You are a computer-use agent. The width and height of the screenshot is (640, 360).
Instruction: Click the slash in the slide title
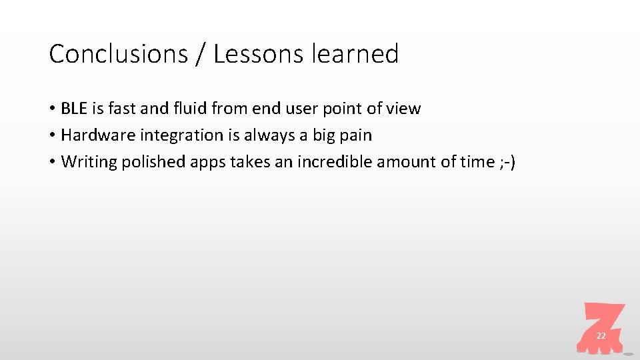tap(201, 54)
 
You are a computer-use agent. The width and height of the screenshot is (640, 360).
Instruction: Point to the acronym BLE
tap(74, 109)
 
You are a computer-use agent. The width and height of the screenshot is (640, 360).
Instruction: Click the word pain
tap(356, 135)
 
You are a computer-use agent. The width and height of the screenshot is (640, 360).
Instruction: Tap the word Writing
tap(89, 162)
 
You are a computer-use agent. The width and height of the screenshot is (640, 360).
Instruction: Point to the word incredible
tap(335, 162)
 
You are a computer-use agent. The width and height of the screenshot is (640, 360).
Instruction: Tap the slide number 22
tap(601, 336)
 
